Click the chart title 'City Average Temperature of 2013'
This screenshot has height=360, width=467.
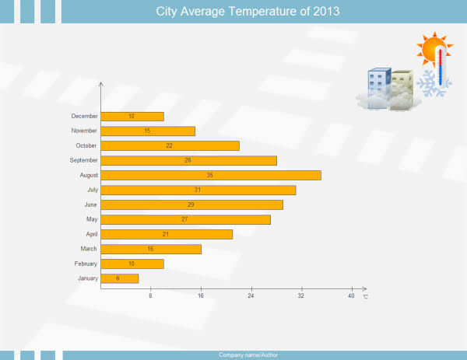point(248,12)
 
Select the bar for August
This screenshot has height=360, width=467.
point(211,175)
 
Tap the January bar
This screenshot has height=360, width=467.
point(120,278)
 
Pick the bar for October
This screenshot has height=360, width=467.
point(170,145)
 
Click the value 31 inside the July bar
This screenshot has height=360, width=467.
point(197,190)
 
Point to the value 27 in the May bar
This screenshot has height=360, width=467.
point(184,219)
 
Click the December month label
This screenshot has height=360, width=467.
point(84,116)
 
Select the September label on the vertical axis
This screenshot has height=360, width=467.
point(84,160)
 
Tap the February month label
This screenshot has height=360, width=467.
point(86,264)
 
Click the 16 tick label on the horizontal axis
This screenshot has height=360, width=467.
point(201,295)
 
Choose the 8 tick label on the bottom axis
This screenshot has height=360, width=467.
point(150,295)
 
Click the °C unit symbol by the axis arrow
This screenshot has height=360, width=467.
point(366,296)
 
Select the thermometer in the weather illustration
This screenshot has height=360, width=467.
point(441,67)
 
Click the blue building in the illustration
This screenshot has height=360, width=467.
point(379,89)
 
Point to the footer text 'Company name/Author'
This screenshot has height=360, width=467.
point(248,355)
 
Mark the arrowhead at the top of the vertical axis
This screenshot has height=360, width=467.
point(101,84)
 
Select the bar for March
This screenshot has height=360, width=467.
point(151,249)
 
